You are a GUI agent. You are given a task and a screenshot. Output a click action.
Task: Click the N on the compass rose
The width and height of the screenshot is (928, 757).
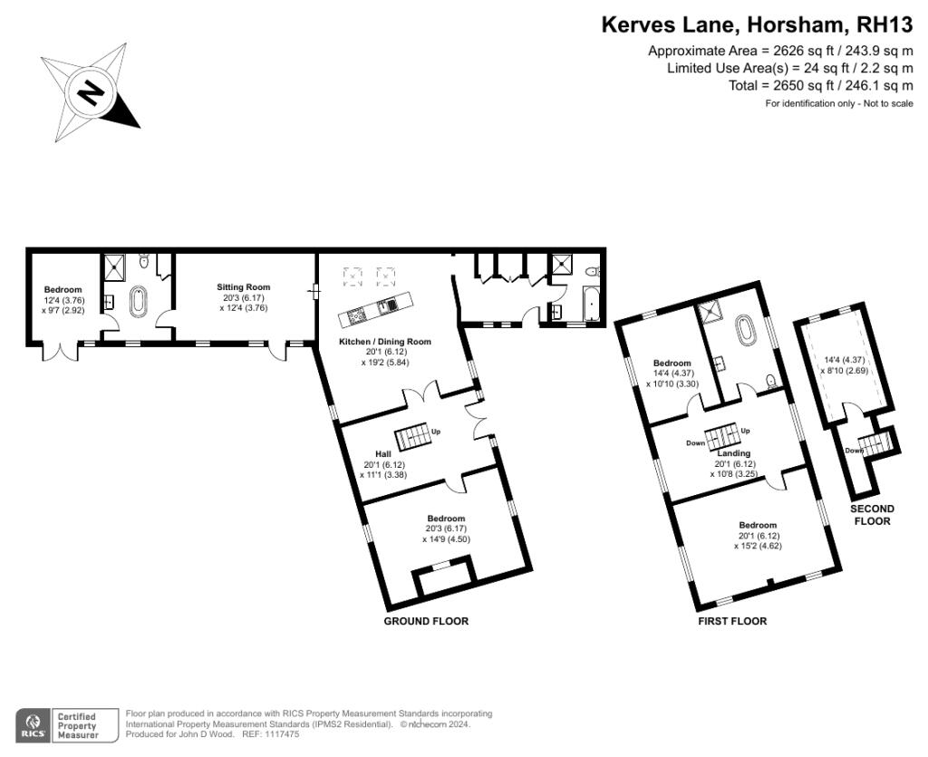click(90, 92)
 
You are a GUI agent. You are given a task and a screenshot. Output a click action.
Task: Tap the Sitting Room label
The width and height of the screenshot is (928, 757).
click(243, 287)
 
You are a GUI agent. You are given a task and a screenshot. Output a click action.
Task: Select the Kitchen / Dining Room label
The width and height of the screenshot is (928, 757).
click(384, 342)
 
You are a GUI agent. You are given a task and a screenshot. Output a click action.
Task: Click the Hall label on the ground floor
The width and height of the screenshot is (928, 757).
click(383, 454)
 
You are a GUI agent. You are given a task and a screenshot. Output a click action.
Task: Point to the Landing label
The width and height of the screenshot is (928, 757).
click(734, 453)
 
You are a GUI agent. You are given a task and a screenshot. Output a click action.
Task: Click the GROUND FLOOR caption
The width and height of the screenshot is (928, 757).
click(426, 621)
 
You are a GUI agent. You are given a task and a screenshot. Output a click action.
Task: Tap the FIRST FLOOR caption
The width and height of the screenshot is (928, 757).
click(732, 621)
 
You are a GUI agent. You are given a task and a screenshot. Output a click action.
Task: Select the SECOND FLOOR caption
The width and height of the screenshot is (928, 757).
click(873, 515)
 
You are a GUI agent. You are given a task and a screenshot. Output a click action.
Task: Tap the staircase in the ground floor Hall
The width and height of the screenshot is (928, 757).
click(412, 436)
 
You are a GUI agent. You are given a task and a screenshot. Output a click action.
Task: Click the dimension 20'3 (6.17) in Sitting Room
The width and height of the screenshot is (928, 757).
click(243, 297)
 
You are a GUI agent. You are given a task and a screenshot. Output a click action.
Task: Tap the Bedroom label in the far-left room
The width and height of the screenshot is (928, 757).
click(63, 289)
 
